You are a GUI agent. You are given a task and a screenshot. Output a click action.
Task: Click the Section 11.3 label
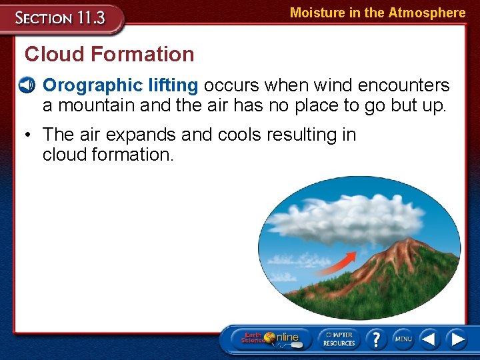[61, 19]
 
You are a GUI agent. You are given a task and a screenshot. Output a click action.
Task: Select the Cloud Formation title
[109, 54]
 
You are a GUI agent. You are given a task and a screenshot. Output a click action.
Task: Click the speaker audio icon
[27, 86]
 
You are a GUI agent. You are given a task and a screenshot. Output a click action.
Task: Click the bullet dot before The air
[27, 135]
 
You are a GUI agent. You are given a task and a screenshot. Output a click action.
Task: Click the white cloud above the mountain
[347, 220]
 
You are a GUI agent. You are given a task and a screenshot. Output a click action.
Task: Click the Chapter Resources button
[339, 338]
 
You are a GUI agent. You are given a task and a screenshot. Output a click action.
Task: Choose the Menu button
[403, 338]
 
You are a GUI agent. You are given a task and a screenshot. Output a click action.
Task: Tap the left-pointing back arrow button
[429, 338]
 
